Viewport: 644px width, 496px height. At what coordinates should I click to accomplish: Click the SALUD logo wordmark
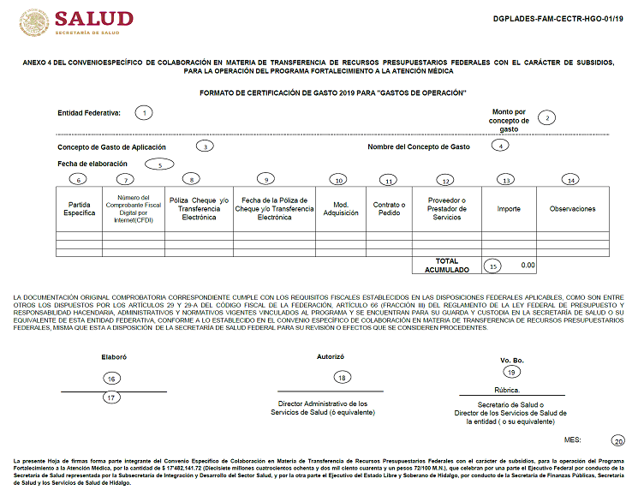tap(94, 19)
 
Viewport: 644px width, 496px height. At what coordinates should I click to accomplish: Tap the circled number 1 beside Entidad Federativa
tap(145, 113)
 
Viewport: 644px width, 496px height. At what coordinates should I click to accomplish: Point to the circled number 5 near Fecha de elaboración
tap(159, 164)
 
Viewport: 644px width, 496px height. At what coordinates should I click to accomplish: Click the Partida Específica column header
tap(79, 208)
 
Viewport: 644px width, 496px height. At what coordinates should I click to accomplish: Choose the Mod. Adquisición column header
tap(340, 208)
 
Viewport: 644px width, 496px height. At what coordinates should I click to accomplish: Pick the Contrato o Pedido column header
tap(389, 208)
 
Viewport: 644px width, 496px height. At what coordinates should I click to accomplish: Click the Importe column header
tap(509, 208)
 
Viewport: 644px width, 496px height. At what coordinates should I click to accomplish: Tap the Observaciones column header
tap(572, 208)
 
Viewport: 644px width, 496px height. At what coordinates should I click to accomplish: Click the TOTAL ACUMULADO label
tap(446, 265)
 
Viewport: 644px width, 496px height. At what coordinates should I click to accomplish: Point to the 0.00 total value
tap(528, 266)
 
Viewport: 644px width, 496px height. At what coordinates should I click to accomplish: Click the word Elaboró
tap(113, 356)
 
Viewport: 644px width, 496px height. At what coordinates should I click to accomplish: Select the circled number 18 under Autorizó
tap(342, 377)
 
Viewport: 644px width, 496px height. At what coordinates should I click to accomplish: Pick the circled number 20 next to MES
tap(618, 441)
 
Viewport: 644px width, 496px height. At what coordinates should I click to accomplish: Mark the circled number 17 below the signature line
tap(111, 397)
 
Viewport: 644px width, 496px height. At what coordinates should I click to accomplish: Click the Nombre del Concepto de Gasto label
tap(419, 146)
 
